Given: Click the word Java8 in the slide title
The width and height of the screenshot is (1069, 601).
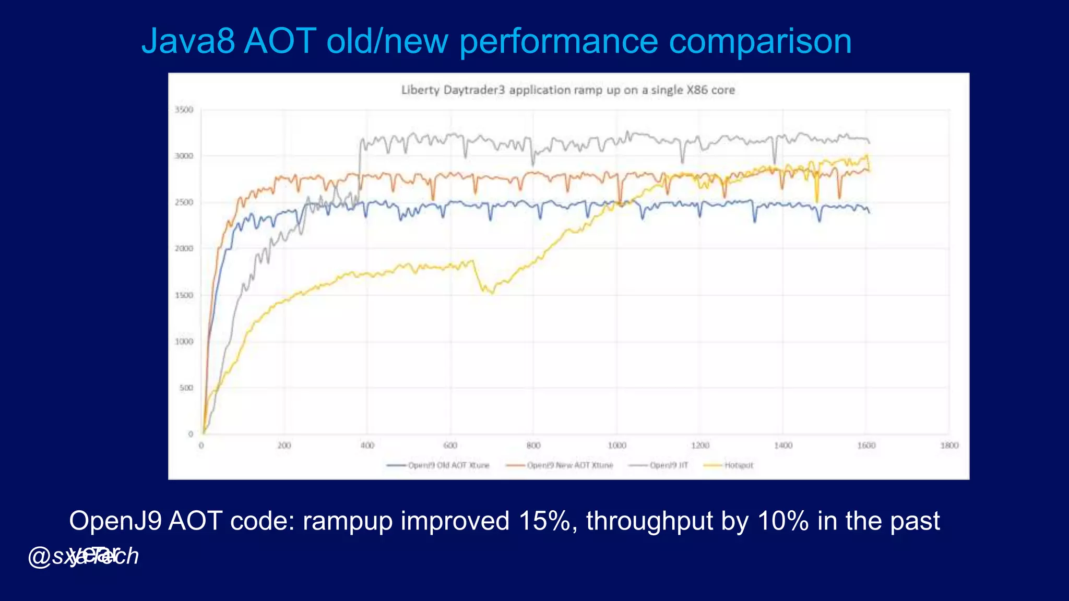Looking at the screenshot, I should [x=188, y=41].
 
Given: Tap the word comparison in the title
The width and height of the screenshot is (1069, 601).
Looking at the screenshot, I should [x=760, y=41].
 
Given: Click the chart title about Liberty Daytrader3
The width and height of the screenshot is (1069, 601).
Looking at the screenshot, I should [x=568, y=90].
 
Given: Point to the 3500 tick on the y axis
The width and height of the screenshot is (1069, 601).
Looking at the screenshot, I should [x=184, y=110].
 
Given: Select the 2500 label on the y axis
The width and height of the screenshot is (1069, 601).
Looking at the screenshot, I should [x=184, y=202].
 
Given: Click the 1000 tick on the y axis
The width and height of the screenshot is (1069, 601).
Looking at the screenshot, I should [x=184, y=342].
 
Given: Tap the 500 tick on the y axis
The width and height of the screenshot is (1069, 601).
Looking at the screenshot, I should [x=186, y=388].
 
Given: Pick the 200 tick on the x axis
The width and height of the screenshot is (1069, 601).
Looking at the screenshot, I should [x=284, y=446].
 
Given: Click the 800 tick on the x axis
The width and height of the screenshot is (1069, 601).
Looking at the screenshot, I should [x=533, y=446].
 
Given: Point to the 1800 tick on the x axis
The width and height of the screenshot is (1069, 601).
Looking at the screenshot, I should [x=949, y=446].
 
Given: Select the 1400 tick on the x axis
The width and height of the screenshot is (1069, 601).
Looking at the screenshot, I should [x=783, y=446].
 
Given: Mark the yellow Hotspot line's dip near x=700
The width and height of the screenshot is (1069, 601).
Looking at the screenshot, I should [x=491, y=293].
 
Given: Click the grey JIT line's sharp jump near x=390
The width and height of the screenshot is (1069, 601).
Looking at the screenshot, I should [x=360, y=167].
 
